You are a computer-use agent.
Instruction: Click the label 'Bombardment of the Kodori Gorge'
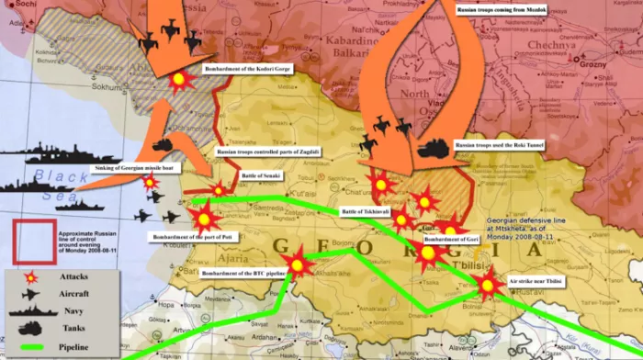click(248, 70)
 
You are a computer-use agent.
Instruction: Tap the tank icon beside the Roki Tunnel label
click(433, 147)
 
